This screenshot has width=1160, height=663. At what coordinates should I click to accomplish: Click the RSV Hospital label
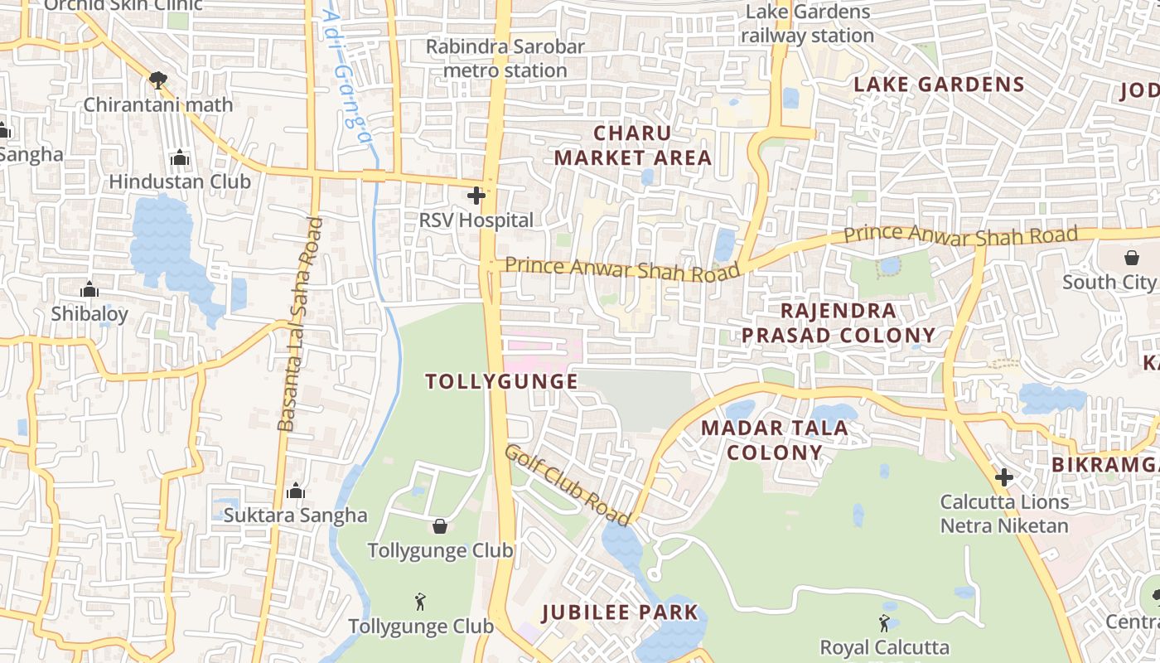click(x=476, y=220)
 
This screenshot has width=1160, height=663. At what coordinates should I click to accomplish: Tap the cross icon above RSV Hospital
click(x=476, y=196)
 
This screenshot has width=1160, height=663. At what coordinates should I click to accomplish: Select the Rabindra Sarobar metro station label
click(x=505, y=58)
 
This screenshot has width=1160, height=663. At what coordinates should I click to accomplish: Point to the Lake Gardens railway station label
click(x=808, y=24)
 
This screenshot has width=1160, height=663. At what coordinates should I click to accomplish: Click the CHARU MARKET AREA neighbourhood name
click(x=633, y=145)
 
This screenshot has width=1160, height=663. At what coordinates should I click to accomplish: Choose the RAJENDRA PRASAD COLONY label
click(x=838, y=323)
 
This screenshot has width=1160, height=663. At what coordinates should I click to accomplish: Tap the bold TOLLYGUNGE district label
click(x=501, y=381)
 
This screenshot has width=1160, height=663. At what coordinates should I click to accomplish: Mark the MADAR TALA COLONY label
click(x=774, y=440)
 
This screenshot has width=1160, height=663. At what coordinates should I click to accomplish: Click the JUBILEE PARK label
click(x=620, y=613)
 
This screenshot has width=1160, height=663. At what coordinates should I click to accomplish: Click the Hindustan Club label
click(x=180, y=181)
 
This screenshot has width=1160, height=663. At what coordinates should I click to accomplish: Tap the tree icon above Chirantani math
click(x=157, y=80)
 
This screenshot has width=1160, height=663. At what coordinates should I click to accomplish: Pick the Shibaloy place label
click(x=89, y=314)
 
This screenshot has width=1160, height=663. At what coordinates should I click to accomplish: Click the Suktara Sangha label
click(x=295, y=515)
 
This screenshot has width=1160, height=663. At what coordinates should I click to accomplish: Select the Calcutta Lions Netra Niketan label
click(x=1004, y=513)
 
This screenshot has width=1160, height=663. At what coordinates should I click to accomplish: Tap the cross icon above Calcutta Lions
click(x=1004, y=477)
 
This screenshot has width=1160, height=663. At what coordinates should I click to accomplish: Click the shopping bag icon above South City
click(x=1132, y=258)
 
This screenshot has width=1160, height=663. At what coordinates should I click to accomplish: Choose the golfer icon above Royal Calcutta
click(x=884, y=622)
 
